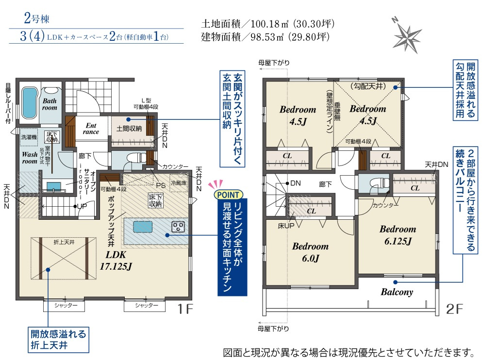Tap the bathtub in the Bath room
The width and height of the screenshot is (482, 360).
point(30,103)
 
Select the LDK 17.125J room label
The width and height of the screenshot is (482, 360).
point(116,260)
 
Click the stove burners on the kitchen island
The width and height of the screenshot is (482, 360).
point(178,227)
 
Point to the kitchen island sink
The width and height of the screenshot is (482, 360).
point(143,227)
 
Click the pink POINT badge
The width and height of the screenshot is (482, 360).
point(228,195)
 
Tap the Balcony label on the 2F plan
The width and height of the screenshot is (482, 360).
point(397,292)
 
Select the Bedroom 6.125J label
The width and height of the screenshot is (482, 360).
point(398,235)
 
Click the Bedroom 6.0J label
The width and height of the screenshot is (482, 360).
point(310,252)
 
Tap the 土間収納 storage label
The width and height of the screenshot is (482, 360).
point(129,129)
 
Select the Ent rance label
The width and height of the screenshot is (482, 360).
point(91,129)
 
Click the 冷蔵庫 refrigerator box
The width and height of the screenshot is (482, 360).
point(179,183)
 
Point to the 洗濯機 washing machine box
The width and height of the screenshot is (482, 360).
point(29,137)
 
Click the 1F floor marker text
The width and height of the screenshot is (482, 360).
point(185,309)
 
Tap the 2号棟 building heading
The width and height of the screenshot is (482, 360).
point(36,18)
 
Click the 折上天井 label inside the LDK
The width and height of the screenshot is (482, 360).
point(64,242)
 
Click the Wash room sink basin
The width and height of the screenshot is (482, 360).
point(53,186)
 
